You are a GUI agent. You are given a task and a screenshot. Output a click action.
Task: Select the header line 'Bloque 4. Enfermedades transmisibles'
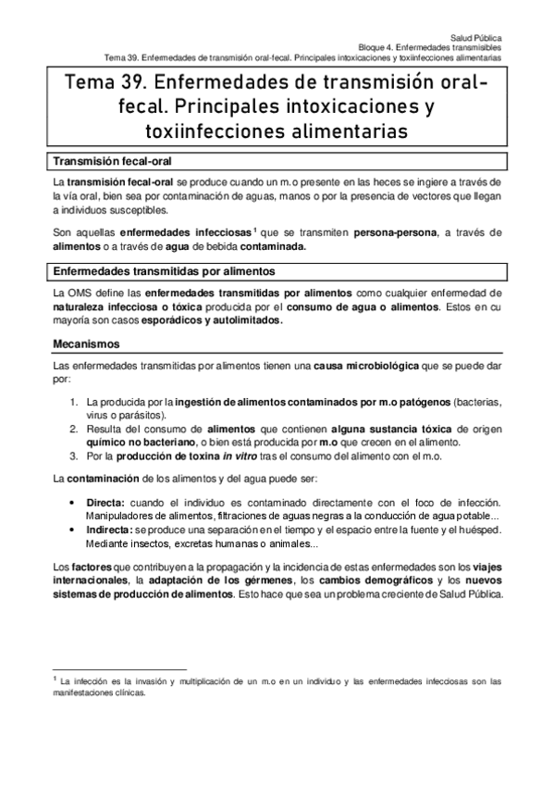click(x=430, y=44)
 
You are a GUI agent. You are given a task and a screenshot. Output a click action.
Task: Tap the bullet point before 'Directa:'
click(x=75, y=501)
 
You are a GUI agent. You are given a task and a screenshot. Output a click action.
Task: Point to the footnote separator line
click(x=120, y=668)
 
